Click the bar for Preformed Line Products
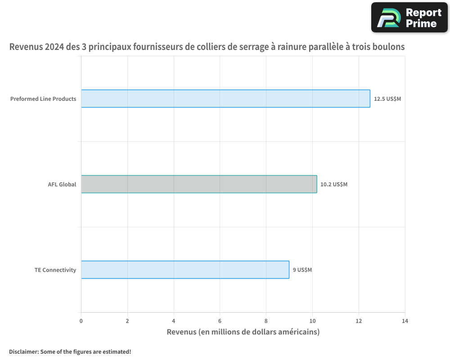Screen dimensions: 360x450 tap(225, 99)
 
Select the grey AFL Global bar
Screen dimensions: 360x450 tap(199, 184)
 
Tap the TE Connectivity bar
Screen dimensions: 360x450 tap(185, 270)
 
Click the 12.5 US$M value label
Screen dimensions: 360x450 tap(387, 99)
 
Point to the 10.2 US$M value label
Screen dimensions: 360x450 tap(334, 184)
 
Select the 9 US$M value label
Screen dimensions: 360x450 tap(302, 270)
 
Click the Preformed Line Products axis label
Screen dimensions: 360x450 tap(43, 99)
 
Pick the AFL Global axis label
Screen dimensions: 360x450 tap(62, 184)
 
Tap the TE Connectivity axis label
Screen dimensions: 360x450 tap(55, 270)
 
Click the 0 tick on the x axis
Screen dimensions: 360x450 tap(81, 321)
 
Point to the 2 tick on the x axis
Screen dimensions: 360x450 tap(127, 321)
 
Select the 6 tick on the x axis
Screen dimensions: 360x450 tap(220, 321)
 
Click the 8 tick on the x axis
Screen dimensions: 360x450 tap(266, 321)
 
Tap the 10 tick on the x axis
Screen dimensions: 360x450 tap(312, 321)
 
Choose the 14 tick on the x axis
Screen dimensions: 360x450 tap(405, 321)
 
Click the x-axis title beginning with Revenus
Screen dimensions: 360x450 tap(243, 332)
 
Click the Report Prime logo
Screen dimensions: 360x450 tap(409, 18)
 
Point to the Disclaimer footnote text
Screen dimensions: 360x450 tap(70, 351)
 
